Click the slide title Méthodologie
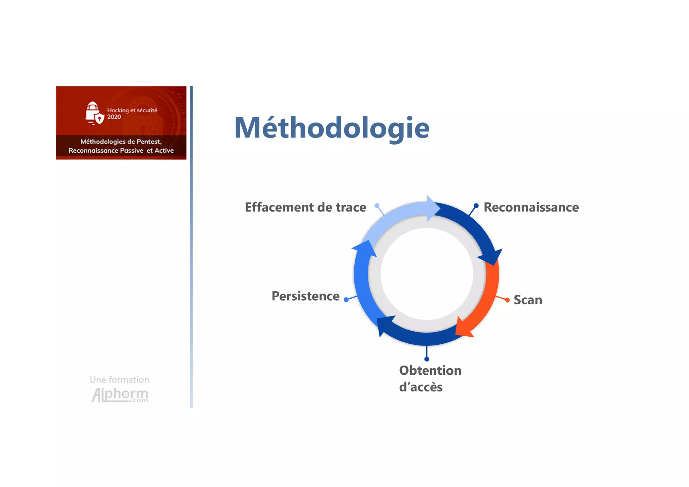[x=332, y=128]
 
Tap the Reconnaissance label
[x=531, y=208]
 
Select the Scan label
[x=528, y=300]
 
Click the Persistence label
[x=305, y=296]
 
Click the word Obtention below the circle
[x=430, y=371]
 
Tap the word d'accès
[x=421, y=387]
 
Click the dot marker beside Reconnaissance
[x=476, y=205]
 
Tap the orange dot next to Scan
[x=507, y=300]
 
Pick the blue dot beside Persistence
[x=346, y=299]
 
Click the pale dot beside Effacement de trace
[x=377, y=205]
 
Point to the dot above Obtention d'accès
[x=427, y=359]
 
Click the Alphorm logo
[x=120, y=395]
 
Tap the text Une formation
[x=119, y=380]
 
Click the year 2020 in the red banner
[x=114, y=117]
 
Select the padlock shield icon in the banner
[x=94, y=113]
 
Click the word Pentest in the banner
[x=149, y=142]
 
